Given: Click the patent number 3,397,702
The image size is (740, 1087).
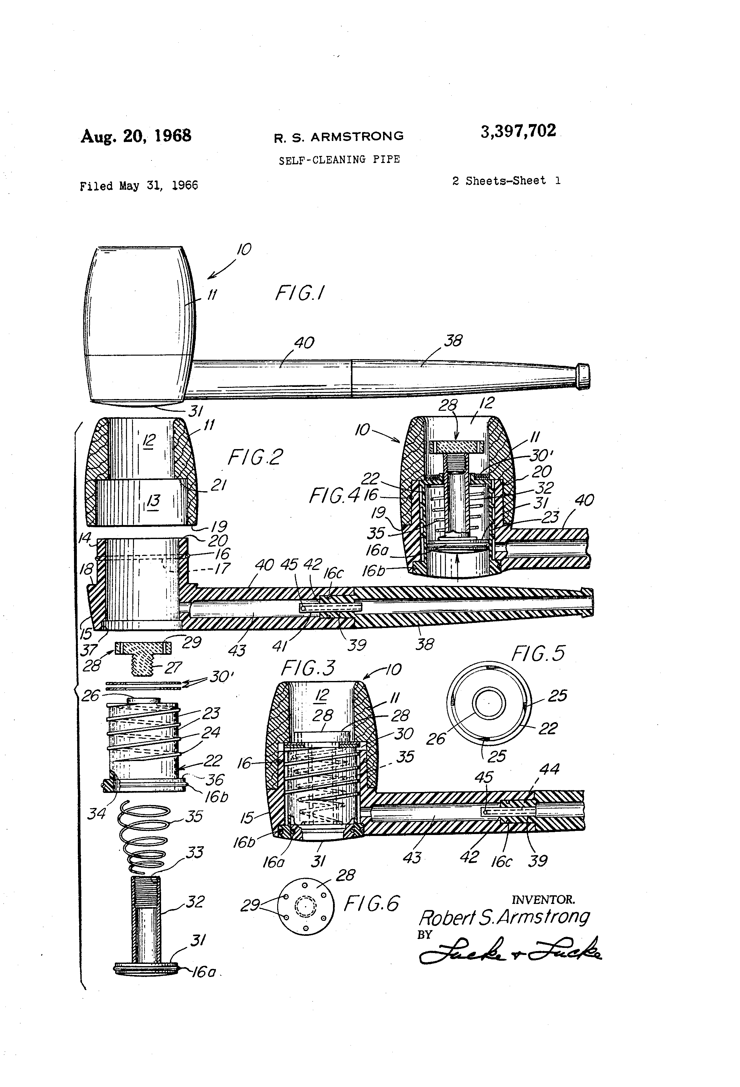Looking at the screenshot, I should click(x=518, y=131).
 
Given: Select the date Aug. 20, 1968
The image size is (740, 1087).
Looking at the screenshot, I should click(x=136, y=136).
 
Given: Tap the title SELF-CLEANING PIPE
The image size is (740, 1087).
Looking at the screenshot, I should click(x=339, y=159).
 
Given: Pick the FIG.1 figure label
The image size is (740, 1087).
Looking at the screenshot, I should click(x=300, y=293).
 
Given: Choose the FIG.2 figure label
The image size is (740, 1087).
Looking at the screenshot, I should click(x=255, y=457).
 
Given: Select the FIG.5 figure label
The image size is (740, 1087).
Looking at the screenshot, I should click(x=538, y=654).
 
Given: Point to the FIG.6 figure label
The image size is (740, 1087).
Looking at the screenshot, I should click(x=372, y=903).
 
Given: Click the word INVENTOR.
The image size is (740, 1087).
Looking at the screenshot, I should click(x=543, y=899).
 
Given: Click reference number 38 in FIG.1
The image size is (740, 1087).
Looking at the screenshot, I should click(x=453, y=341).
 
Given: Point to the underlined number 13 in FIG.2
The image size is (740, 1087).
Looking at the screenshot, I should click(x=153, y=501).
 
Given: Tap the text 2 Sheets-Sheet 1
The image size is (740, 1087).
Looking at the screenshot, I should click(x=506, y=181).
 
